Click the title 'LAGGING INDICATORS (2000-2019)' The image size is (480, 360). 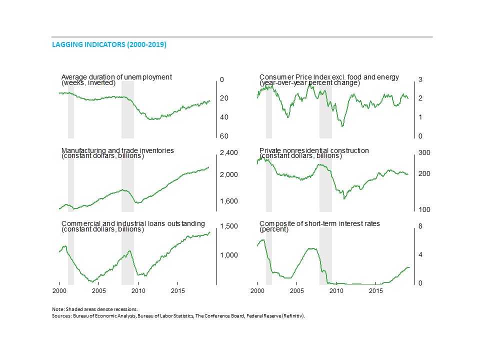[x=109, y=45]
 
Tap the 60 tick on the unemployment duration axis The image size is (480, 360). [x=224, y=136]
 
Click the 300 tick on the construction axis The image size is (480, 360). [x=424, y=152]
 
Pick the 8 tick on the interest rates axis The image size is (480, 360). [x=420, y=226]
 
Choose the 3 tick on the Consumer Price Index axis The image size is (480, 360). [x=420, y=80]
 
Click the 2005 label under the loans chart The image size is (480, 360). [x=98, y=290]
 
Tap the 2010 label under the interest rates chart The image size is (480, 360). [x=336, y=290]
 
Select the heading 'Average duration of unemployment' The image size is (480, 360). [x=116, y=77]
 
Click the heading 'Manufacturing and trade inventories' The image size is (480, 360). [x=118, y=150]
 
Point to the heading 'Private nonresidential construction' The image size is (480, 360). [x=314, y=150]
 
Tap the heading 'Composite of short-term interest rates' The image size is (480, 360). [x=319, y=224]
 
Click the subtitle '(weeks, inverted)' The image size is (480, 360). [x=88, y=83]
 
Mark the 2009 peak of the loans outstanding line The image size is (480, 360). [x=129, y=251]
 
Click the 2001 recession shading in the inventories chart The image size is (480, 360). [x=71, y=182]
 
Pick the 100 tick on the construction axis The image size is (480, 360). [x=424, y=210]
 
